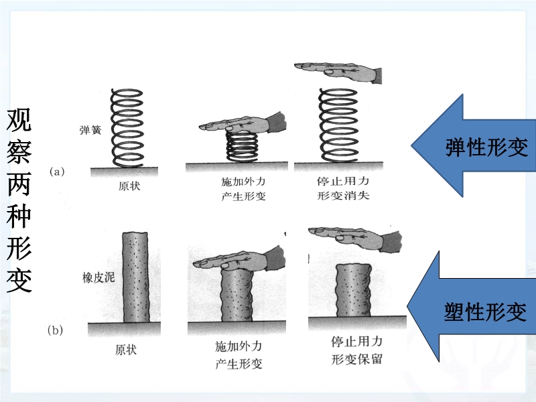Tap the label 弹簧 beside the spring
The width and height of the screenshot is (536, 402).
point(90,131)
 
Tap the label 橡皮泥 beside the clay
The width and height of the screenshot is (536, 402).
point(98,276)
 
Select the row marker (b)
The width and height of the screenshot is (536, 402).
point(57,330)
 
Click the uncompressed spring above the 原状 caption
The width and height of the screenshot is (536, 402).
point(127,127)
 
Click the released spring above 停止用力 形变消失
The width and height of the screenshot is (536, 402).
point(339,124)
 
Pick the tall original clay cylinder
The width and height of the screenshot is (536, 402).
point(138,276)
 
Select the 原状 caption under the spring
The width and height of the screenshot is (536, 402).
point(129,185)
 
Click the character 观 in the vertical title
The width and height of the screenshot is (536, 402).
point(19,121)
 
